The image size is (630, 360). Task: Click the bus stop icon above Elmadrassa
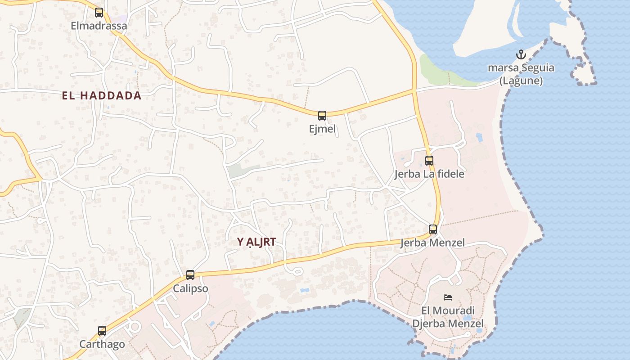click(99, 13)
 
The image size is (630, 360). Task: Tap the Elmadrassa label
click(99, 26)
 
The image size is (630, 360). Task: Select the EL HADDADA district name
click(102, 95)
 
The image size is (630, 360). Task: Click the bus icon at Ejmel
click(322, 116)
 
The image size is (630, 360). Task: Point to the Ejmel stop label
click(322, 129)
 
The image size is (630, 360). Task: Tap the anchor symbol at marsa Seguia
click(521, 55)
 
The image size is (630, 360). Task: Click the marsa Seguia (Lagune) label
click(521, 75)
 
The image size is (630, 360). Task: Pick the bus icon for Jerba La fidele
click(429, 160)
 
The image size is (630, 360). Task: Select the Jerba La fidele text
click(429, 174)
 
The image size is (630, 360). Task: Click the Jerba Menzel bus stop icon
click(433, 229)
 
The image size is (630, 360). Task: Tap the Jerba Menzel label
click(432, 243)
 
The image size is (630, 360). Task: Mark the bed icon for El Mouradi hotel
click(448, 297)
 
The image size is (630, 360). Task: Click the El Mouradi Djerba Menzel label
click(448, 317)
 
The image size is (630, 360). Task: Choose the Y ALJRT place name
click(256, 242)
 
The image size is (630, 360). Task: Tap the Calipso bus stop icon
click(190, 275)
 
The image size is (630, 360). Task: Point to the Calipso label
click(191, 288)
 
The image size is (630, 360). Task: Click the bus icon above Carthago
click(102, 331)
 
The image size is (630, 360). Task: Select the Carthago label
click(102, 344)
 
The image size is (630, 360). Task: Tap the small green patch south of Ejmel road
click(238, 171)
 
